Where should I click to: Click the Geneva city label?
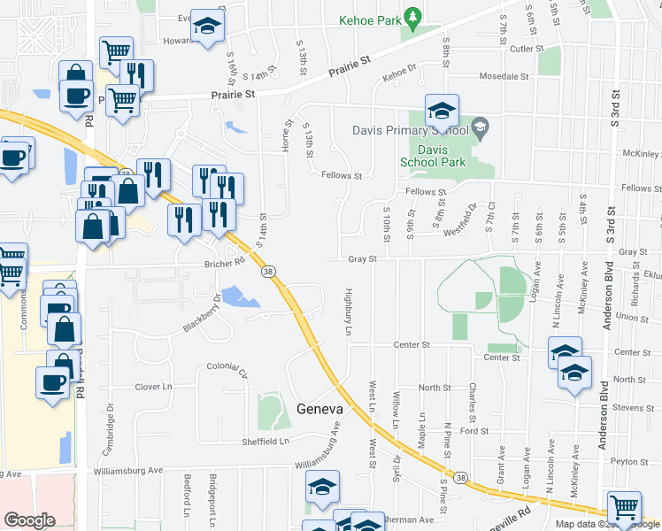(319, 409)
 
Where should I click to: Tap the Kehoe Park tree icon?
(412, 17)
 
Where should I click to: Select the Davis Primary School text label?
(409, 129)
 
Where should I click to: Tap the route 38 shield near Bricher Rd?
(266, 273)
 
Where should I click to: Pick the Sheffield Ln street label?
(266, 441)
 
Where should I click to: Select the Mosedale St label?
(504, 76)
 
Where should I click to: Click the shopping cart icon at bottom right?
(624, 507)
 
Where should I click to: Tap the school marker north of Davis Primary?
(442, 111)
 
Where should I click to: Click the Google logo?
(29, 520)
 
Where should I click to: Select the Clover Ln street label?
(153, 387)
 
